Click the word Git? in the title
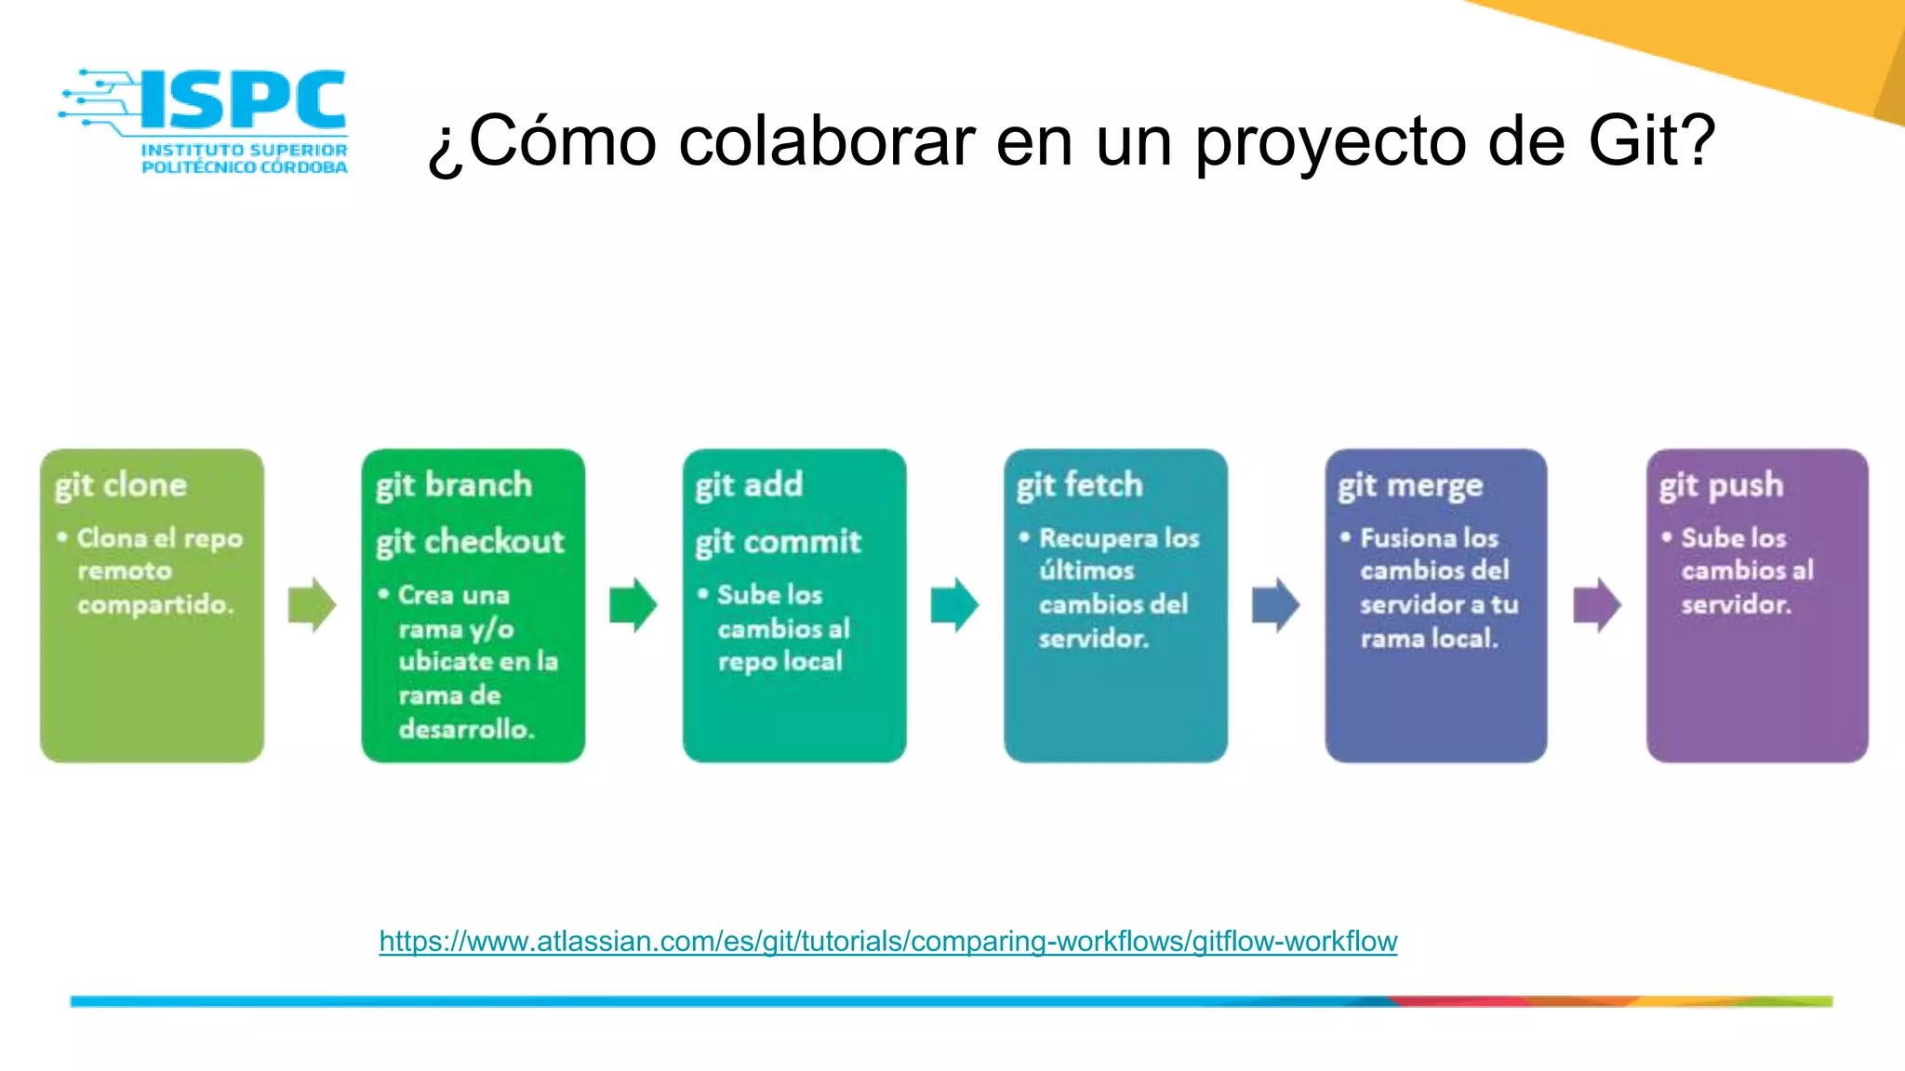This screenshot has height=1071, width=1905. point(1650,141)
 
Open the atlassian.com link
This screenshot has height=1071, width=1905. point(887,941)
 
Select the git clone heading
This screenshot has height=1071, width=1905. point(121,485)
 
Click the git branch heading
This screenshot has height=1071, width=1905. point(454,485)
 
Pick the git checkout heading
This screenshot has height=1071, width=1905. point(470,542)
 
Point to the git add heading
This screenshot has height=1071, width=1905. point(749,485)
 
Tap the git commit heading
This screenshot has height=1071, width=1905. point(779,542)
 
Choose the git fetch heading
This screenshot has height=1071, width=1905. point(1079,485)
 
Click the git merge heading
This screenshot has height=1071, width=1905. point(1410,485)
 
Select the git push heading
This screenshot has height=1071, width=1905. point(1721,485)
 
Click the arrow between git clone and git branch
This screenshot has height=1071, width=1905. point(312,605)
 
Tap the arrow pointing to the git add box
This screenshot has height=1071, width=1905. point(633,605)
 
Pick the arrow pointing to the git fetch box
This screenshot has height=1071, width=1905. point(954,605)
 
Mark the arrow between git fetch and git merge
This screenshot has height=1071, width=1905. point(1276,605)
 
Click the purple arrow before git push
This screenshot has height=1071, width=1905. point(1597,605)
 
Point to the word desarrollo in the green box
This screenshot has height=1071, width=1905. point(465,729)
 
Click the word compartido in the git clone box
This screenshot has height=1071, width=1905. point(154,604)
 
